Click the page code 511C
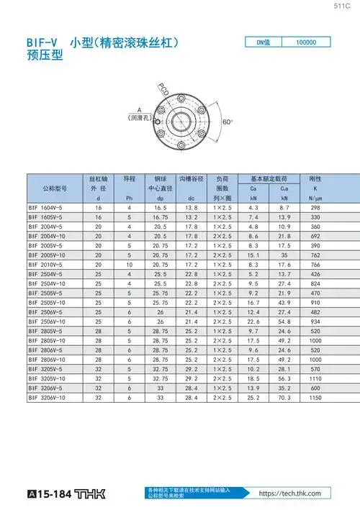pos(342,6)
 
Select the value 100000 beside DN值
pos(305,42)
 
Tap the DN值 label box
pos(262,42)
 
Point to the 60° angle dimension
pos(228,122)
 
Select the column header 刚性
pos(314,178)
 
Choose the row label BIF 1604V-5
pos(46,207)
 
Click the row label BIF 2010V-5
pos(46,264)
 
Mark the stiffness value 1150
pos(315,396)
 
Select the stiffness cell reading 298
pos(315,207)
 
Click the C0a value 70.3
pos(284,396)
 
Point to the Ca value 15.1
pos(253,255)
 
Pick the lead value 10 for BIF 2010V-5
pos(130,264)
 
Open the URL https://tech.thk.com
pos(289,493)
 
